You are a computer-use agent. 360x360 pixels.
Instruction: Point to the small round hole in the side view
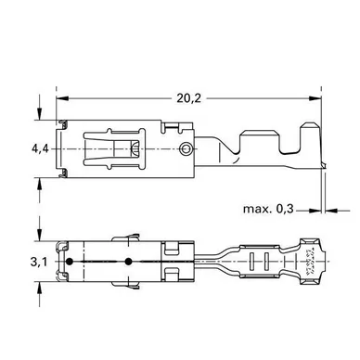pos(186,149)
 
